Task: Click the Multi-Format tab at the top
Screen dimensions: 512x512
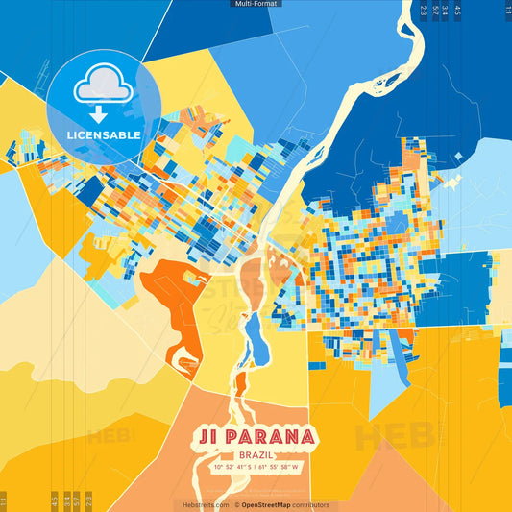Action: (256, 4)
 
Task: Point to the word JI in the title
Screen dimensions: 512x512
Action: (211, 436)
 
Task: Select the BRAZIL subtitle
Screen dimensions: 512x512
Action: (256, 454)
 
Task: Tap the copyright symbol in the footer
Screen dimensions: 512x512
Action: (236, 504)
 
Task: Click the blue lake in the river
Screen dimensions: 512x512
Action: (256, 336)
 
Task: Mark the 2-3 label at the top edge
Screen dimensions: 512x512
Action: (423, 11)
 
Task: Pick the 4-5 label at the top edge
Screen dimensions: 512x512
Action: (457, 11)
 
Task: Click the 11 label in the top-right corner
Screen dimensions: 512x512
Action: (507, 10)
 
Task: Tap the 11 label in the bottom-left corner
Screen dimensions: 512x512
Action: (4, 500)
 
